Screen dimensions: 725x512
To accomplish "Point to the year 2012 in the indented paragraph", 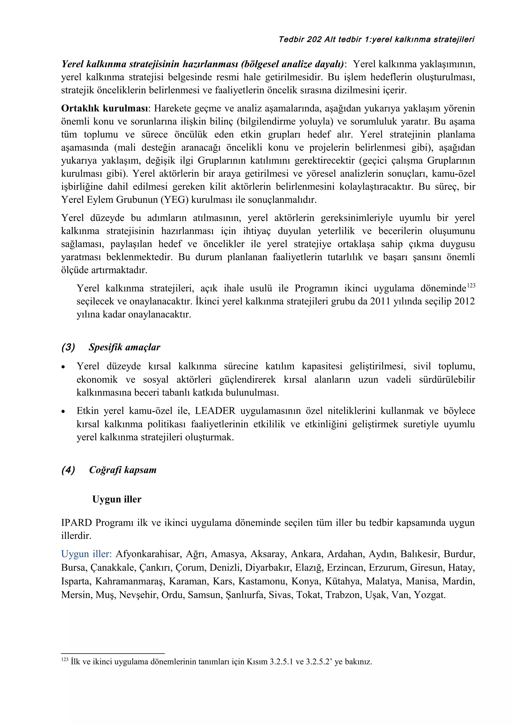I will pos(464,301).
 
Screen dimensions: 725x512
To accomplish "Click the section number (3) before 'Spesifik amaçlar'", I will pos(68,347).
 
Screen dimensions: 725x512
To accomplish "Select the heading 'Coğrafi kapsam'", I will pos(123,470).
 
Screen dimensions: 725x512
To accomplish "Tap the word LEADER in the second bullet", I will pos(215,411).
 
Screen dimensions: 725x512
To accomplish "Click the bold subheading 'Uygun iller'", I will pos(117,499).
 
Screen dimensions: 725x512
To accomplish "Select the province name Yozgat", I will pos(430,595).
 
